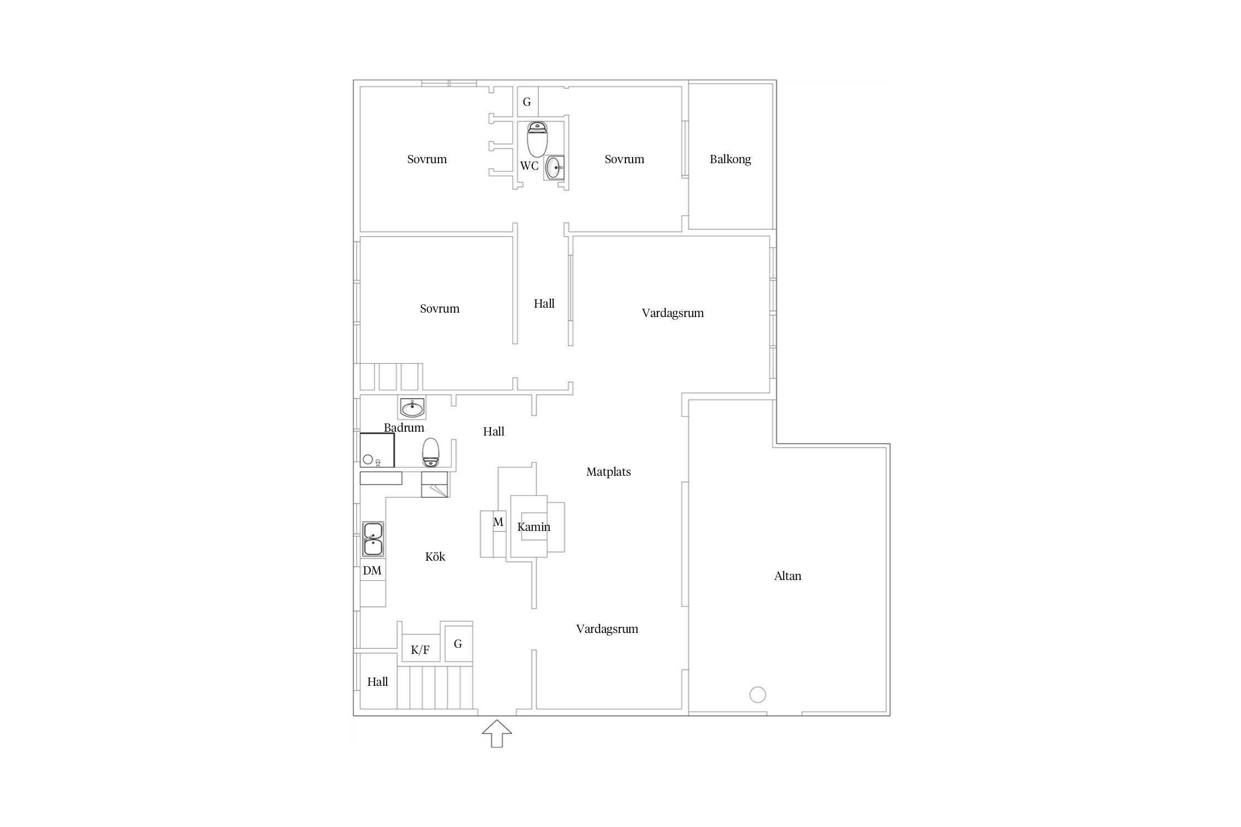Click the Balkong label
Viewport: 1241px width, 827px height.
tap(730, 159)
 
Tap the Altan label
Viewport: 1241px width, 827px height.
tap(788, 576)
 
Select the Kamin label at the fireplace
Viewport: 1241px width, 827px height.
tap(534, 527)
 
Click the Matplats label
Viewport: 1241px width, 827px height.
tap(608, 472)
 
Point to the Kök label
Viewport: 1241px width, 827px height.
tap(435, 557)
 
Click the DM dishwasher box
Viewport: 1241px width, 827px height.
tap(373, 571)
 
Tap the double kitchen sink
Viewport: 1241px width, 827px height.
tap(373, 539)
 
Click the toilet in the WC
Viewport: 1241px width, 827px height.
tap(537, 139)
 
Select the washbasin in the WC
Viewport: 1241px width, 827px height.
tap(554, 168)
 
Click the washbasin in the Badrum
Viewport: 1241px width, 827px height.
tap(412, 408)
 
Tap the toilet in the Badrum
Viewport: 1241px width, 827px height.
tap(431, 453)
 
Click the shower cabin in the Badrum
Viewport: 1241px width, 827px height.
tap(377, 450)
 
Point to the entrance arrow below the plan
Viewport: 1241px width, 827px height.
tap(497, 734)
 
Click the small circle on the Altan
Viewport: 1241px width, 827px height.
tap(758, 695)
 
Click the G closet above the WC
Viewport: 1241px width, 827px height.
tap(527, 102)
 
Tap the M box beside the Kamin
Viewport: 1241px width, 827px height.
tap(499, 522)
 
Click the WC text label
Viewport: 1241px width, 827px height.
tap(529, 166)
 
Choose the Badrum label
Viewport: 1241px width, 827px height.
tap(404, 428)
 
